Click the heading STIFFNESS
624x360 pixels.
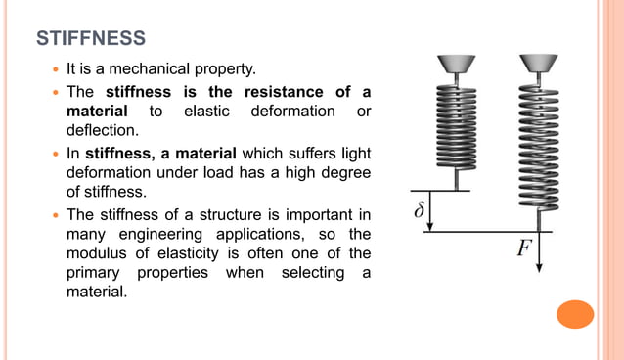coord(91,39)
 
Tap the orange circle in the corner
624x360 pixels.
coord(574,315)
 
